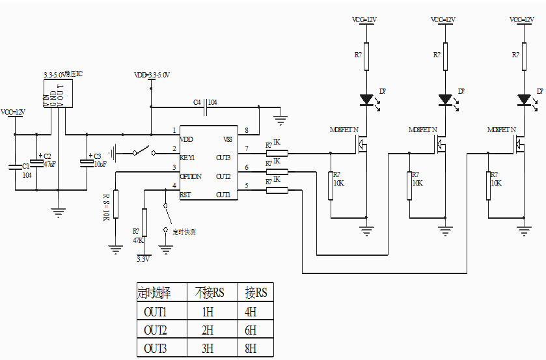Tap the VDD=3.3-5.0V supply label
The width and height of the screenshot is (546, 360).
(151, 76)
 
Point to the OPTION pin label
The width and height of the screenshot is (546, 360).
(191, 176)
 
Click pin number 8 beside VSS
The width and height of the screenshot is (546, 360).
(246, 131)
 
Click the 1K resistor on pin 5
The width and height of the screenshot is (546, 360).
(277, 190)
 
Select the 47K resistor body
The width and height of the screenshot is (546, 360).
(144, 222)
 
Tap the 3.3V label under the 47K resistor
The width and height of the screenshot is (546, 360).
(143, 258)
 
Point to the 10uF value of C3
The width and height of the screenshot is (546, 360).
(100, 165)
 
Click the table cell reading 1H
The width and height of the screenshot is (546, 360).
(208, 312)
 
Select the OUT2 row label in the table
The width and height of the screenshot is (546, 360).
(156, 330)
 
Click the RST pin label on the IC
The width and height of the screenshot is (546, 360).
(185, 195)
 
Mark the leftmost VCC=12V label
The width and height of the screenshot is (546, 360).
(14, 113)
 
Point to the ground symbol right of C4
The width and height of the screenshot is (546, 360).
(281, 119)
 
